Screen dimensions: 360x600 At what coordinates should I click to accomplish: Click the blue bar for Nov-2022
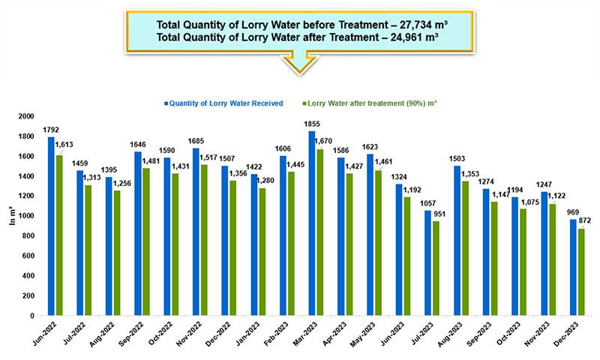click(196, 232)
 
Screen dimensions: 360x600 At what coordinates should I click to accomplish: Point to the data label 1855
click(312, 124)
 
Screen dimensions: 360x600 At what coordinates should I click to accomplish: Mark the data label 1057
click(427, 204)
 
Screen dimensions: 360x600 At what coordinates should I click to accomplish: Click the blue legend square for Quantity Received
click(166, 103)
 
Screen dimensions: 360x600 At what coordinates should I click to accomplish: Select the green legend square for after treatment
click(305, 103)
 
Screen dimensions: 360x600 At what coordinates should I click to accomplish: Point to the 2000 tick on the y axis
click(27, 117)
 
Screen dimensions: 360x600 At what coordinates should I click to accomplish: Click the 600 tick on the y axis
click(30, 256)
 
